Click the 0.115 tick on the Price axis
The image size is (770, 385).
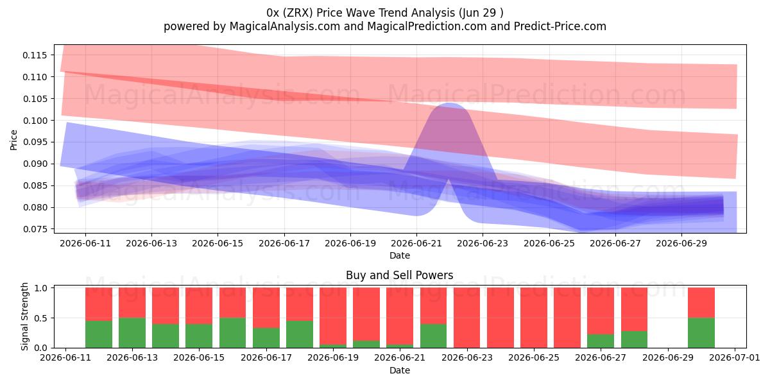pyautogui.click(x=35, y=55)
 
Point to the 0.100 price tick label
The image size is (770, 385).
pyautogui.click(x=35, y=121)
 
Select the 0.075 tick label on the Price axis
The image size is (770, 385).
pyautogui.click(x=35, y=229)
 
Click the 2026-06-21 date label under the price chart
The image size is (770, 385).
pyautogui.click(x=416, y=244)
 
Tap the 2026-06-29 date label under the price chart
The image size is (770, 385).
pyautogui.click(x=681, y=244)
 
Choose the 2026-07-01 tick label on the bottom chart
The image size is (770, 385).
pyautogui.click(x=735, y=358)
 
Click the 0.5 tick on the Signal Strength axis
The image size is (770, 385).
pyautogui.click(x=41, y=318)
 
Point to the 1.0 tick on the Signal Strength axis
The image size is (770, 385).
pyautogui.click(x=41, y=288)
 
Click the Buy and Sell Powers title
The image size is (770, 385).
pyautogui.click(x=399, y=275)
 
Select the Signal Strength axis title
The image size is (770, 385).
pyautogui.click(x=24, y=316)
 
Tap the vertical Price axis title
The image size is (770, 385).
pyautogui.click(x=13, y=140)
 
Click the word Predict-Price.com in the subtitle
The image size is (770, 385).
pyautogui.click(x=560, y=26)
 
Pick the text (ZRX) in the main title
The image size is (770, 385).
pyautogui.click(x=298, y=13)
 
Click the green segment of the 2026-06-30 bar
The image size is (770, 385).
pyautogui.click(x=701, y=333)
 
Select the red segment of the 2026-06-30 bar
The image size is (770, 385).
pyautogui.click(x=701, y=303)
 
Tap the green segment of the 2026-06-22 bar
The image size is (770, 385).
pyautogui.click(x=433, y=336)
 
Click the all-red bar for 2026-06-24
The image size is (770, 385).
pyautogui.click(x=500, y=318)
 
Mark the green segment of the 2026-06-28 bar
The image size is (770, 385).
pyautogui.click(x=634, y=339)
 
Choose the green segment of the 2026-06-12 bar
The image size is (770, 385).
pyautogui.click(x=99, y=334)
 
